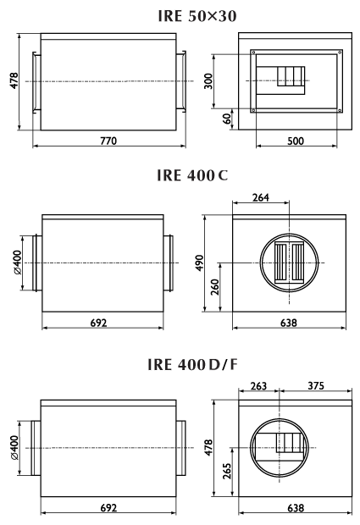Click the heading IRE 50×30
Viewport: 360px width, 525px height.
coord(197,16)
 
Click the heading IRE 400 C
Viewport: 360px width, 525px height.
coord(192,175)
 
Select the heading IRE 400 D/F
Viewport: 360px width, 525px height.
coord(192,364)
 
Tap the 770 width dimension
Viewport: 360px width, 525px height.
coord(108,141)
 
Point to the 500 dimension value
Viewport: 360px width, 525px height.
coord(296,141)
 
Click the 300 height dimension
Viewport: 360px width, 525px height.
coord(208,81)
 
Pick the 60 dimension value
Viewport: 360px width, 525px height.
coord(227,119)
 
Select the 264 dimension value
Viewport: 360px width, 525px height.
coord(261,197)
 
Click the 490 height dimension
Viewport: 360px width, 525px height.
coord(199,263)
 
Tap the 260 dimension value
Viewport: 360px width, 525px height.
coord(215,287)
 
